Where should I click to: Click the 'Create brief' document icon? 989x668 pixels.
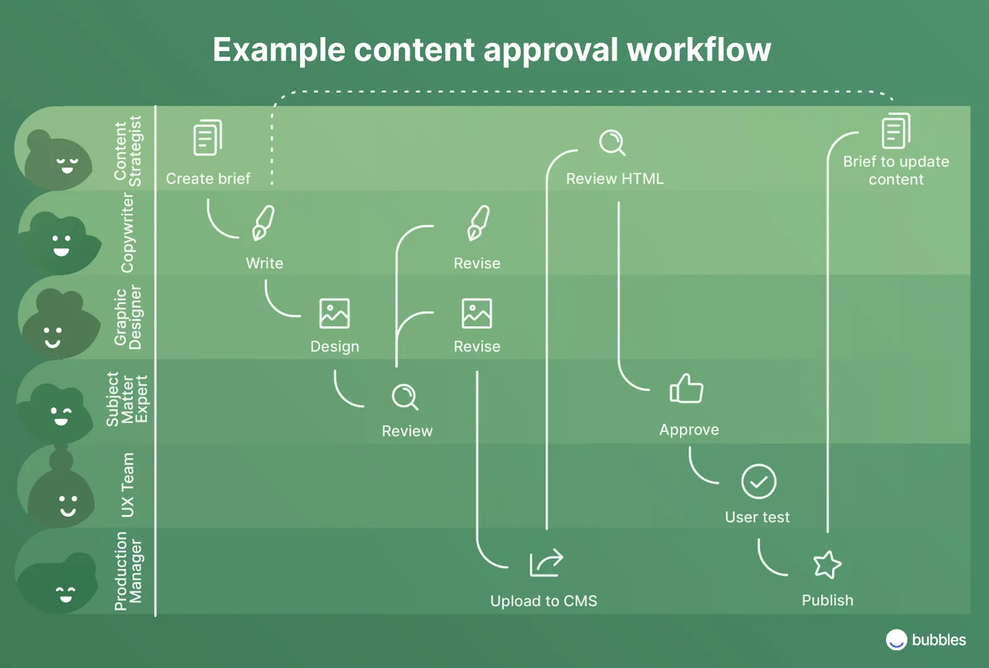(208, 137)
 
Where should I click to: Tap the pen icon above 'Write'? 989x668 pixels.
(263, 222)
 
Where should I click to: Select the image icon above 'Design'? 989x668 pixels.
(334, 313)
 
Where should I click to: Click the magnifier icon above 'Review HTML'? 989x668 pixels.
(612, 143)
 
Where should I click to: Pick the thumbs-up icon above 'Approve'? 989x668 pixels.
(686, 389)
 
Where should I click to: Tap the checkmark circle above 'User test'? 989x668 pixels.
(758, 481)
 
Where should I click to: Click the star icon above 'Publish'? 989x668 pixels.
(827, 564)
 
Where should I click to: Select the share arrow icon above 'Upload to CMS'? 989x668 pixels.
(546, 562)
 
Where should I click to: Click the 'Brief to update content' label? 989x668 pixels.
(896, 171)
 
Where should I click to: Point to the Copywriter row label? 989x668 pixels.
(127, 232)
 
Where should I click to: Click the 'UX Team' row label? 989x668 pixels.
(127, 485)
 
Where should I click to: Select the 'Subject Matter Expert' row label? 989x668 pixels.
(127, 399)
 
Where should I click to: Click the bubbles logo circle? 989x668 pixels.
(896, 640)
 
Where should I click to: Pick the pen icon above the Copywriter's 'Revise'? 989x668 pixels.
(478, 222)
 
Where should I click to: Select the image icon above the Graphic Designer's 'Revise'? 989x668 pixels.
(477, 313)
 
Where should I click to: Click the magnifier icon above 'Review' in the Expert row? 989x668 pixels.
(405, 397)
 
